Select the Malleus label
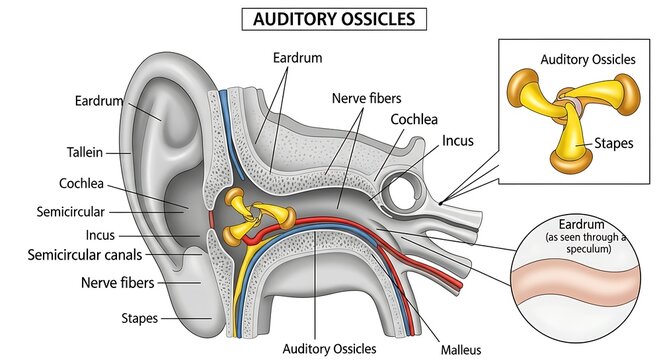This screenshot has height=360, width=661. pos(461,350)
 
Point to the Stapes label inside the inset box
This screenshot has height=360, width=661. pos(612,143)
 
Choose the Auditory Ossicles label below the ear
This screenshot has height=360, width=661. pos(330,349)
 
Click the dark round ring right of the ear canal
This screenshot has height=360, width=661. pos(409,192)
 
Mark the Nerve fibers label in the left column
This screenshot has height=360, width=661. pos(90,283)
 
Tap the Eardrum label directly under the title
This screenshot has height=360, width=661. pos(297,58)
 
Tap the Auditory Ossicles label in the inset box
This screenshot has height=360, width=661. pos(587,59)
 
